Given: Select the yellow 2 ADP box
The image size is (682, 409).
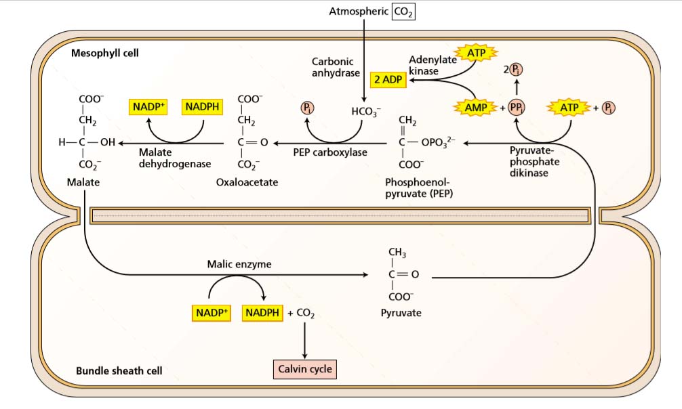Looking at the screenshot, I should [x=387, y=80].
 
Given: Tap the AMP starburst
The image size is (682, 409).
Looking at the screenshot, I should [x=477, y=108].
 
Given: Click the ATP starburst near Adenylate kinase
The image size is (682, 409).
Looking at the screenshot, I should [x=478, y=53].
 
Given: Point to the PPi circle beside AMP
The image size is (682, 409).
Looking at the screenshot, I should [x=517, y=108].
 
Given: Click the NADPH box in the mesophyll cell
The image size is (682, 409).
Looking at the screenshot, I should [x=204, y=106].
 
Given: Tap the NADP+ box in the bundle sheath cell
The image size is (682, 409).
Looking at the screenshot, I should [x=212, y=314].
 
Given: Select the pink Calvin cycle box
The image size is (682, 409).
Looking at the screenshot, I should [x=304, y=369].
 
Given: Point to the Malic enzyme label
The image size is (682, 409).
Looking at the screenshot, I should [x=239, y=264].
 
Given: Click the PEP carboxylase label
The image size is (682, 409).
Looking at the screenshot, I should [x=330, y=152].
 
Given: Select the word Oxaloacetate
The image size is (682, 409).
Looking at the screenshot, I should [x=247, y=183].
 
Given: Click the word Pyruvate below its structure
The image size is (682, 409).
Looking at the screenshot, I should [x=401, y=314].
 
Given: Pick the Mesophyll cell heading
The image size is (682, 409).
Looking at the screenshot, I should [x=105, y=53].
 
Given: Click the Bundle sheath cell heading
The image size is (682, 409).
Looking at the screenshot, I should [x=119, y=371].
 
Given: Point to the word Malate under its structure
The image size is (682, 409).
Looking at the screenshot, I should [x=83, y=183].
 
